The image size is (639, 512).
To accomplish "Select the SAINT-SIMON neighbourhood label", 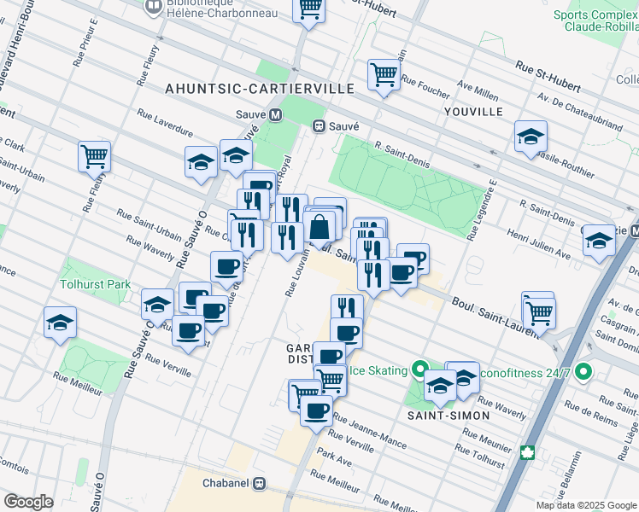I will tap(454, 416).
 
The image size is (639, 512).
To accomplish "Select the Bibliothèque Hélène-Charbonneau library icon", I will tap(154, 8).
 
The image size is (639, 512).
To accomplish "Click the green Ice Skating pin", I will tap(419, 370).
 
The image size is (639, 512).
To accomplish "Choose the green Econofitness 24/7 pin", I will tap(583, 372).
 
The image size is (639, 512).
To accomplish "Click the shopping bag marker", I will tap(319, 229).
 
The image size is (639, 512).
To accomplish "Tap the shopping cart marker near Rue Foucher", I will tap(384, 75).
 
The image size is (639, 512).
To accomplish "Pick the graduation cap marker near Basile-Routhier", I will tap(530, 137).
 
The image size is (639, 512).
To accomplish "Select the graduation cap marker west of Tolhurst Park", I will tap(60, 323).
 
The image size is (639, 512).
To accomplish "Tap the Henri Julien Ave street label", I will tap(539, 243).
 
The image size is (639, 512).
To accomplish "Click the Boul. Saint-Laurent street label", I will tap(487, 311).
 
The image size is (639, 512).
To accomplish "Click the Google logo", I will tap(28, 502).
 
